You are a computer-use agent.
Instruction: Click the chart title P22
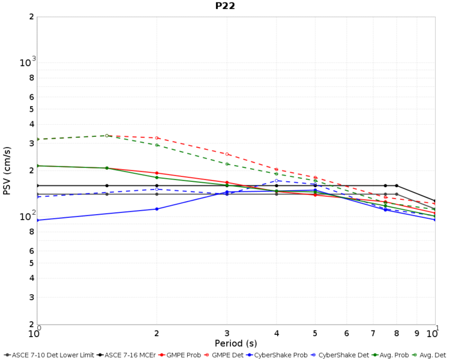pos(225,6)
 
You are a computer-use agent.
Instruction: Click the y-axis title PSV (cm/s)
pos(7,170)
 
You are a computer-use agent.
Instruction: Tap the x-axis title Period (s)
pos(236,343)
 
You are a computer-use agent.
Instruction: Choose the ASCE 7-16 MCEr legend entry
pos(126,355)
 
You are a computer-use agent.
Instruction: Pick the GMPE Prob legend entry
pos(184,355)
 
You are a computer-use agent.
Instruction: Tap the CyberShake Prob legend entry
pos(280,355)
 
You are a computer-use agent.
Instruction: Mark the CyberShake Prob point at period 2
pos(157,209)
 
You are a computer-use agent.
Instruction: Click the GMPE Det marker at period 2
pos(157,138)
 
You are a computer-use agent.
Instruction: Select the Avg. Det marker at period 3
pos(227,164)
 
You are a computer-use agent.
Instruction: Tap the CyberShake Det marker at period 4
pos(277,181)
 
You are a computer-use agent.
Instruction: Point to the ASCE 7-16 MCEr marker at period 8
pos(397,185)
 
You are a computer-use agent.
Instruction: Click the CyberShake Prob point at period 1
pos(37,220)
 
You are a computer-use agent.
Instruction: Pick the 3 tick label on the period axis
pos(227,333)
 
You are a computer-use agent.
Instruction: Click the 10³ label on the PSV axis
pos(28,62)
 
